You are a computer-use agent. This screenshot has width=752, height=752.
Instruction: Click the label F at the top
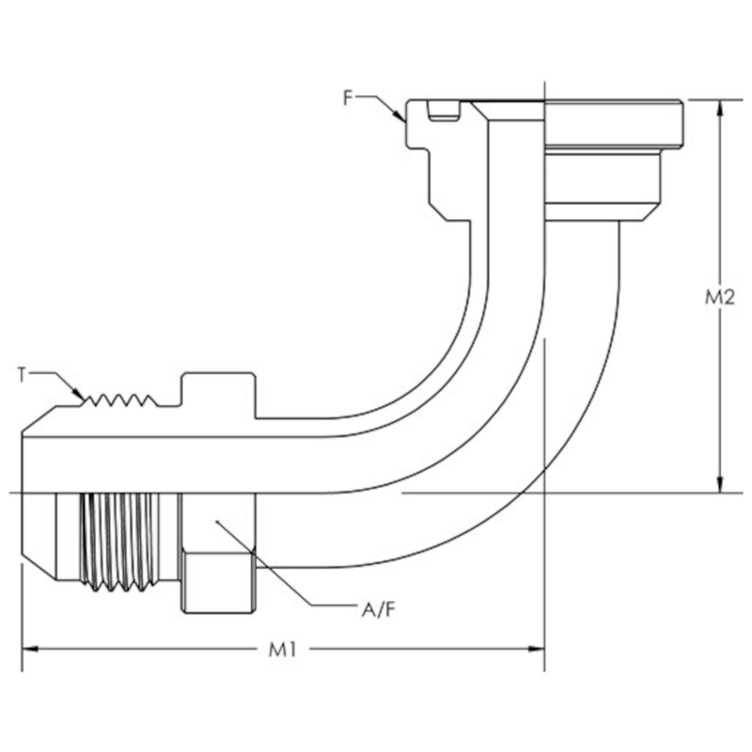[349, 97]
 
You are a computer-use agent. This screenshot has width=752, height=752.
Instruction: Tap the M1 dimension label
[281, 650]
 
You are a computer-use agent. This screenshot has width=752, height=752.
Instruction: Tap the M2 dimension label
[719, 297]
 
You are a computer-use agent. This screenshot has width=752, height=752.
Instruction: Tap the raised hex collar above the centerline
[218, 395]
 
